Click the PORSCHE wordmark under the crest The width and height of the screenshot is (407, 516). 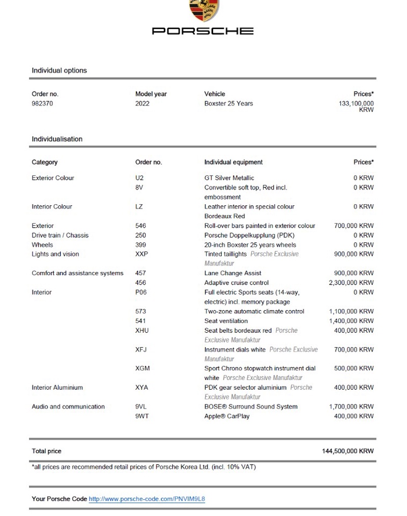[x=203, y=31]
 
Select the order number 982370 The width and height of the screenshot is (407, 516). [x=42, y=103]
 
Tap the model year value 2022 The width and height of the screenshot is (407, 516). [x=142, y=103]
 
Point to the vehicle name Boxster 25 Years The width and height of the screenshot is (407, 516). [x=228, y=103]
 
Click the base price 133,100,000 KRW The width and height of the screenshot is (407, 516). [x=356, y=106]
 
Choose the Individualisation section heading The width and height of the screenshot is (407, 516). [x=57, y=139]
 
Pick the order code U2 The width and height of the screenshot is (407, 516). [x=139, y=178]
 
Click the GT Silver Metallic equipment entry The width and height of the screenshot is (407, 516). [x=229, y=178]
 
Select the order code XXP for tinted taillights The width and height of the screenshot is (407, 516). [x=141, y=254]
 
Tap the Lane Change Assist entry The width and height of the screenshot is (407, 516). [x=232, y=273]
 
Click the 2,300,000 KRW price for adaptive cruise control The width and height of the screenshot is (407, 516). [x=351, y=283]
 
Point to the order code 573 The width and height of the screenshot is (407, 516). [x=140, y=311]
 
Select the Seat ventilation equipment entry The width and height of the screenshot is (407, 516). [x=226, y=321]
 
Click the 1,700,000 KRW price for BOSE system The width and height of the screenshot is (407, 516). [x=351, y=406]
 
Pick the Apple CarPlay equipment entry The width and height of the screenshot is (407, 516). [x=227, y=416]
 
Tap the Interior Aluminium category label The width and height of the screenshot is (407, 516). [x=57, y=388]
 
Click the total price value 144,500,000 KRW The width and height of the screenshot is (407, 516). [x=347, y=451]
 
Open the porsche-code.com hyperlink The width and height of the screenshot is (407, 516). [x=147, y=499]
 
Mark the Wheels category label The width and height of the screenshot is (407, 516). [x=42, y=245]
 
